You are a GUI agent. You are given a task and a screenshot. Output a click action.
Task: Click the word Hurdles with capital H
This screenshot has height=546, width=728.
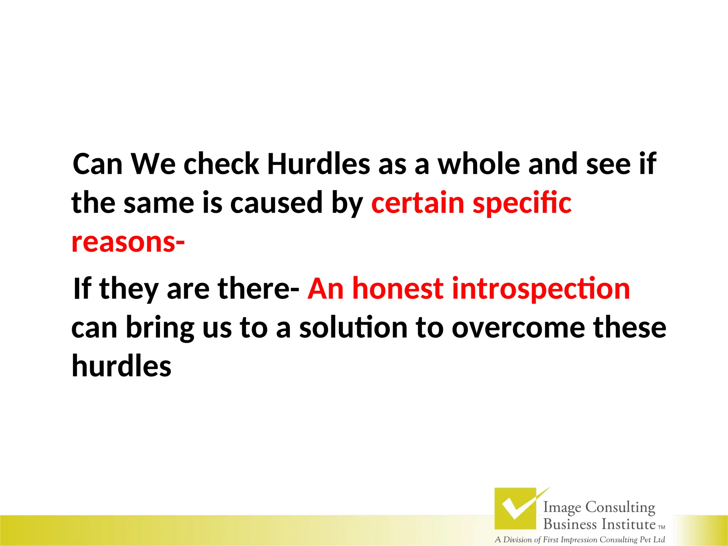coord(318,164)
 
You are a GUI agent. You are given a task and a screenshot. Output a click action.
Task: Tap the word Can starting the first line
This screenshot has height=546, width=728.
coord(97,164)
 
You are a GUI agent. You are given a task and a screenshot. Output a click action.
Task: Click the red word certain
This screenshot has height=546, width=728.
coord(418,203)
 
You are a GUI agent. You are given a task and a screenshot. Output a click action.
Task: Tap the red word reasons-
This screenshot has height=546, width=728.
coord(128,242)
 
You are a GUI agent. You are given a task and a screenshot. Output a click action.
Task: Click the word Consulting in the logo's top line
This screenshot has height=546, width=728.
coord(620,507)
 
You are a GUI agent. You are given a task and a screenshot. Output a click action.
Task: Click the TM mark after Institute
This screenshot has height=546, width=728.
coord(661,528)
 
